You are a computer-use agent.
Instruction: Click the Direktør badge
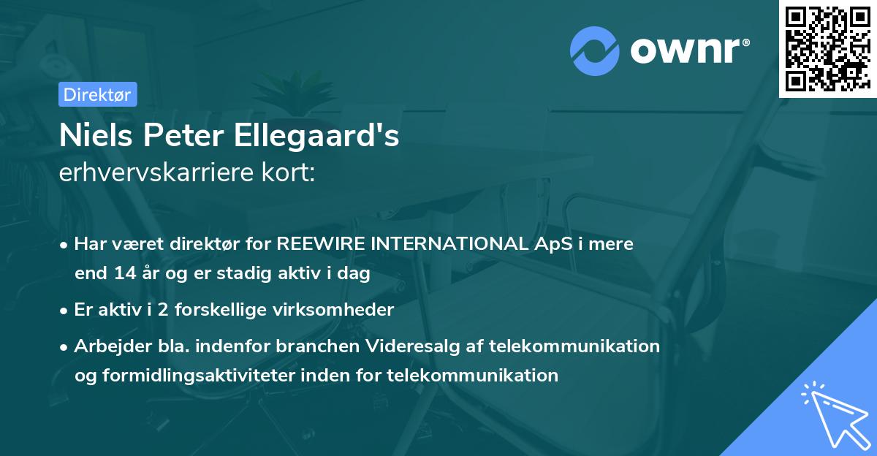click(97, 94)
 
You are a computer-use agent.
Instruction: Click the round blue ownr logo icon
click(595, 50)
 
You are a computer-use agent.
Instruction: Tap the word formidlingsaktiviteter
click(208, 376)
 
